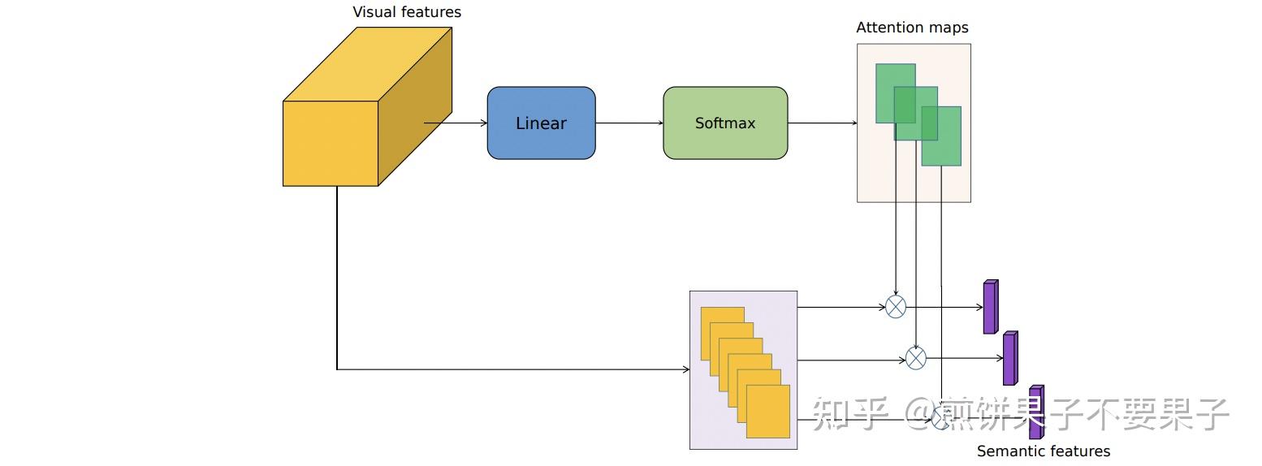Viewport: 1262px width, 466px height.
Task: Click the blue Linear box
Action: (x=541, y=123)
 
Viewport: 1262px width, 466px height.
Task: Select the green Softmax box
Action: (x=725, y=123)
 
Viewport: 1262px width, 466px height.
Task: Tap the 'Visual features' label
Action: (x=406, y=12)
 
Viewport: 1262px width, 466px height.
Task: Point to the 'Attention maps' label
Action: (x=912, y=28)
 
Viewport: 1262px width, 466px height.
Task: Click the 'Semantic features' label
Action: (x=1043, y=451)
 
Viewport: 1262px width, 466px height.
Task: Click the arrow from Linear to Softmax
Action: (x=629, y=123)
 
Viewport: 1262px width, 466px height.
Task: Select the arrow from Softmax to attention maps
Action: (x=822, y=123)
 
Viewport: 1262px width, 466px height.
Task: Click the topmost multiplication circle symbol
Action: (x=895, y=307)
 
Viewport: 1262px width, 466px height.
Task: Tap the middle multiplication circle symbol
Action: (x=915, y=358)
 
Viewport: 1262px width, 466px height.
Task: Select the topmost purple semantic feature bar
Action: (x=990, y=307)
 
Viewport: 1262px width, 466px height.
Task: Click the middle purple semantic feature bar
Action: (x=1009, y=358)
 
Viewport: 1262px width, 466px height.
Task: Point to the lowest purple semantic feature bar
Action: (x=1035, y=412)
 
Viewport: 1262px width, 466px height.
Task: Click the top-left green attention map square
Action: (x=885, y=81)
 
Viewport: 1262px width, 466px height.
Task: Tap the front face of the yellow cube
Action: (x=331, y=144)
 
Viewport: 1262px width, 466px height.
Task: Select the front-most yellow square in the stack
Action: (x=767, y=411)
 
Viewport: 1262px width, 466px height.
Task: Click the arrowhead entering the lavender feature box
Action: (x=685, y=369)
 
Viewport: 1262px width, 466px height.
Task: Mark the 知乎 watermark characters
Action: (x=849, y=414)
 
